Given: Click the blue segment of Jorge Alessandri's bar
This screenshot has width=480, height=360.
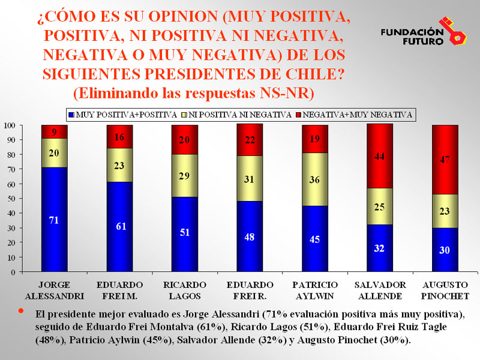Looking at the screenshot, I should pos(54,219).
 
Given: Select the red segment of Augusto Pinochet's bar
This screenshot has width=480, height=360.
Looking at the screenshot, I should pos(445,160).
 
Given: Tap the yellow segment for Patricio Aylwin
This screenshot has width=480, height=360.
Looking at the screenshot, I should pos(314,179).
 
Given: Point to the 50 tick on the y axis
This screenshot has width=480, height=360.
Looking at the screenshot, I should pos(11,199).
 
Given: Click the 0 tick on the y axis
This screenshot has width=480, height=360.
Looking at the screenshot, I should pos(13,272).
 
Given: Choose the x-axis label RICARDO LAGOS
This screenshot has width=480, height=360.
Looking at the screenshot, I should pos(184,289).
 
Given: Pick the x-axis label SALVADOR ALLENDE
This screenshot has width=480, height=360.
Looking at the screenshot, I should pos(379,289).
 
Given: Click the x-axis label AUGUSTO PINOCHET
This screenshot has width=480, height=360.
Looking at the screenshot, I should pos(445,289).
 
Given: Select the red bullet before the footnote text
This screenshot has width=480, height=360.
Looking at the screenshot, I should pos(21,311).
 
